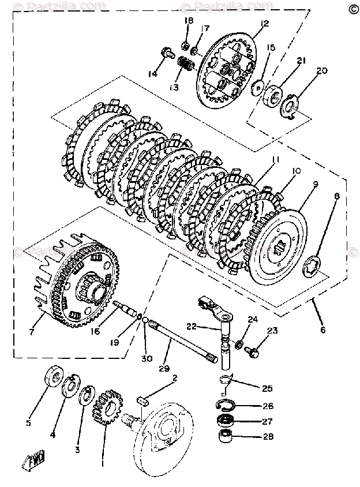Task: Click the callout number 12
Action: click(265, 24)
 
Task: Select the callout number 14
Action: click(152, 73)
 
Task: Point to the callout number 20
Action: click(322, 71)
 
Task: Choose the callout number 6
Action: click(322, 330)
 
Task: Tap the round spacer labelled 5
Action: click(54, 379)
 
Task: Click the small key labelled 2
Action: click(144, 396)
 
